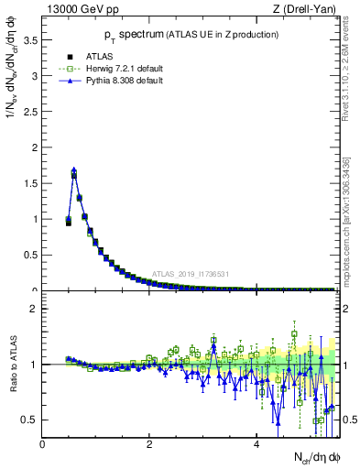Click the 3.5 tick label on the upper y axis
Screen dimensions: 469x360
pyautogui.click(x=30, y=40)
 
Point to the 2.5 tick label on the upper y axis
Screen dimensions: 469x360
pyautogui.click(x=30, y=112)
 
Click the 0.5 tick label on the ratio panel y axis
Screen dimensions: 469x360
pyautogui.click(x=30, y=420)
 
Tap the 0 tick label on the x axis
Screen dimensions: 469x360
pyautogui.click(x=43, y=444)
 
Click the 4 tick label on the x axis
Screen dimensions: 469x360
pyautogui.click(x=256, y=444)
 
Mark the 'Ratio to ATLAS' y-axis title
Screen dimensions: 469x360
pyautogui.click(x=12, y=365)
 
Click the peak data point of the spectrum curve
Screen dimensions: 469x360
pyautogui.click(x=74, y=170)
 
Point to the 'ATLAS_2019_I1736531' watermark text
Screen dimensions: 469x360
pyautogui.click(x=192, y=274)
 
